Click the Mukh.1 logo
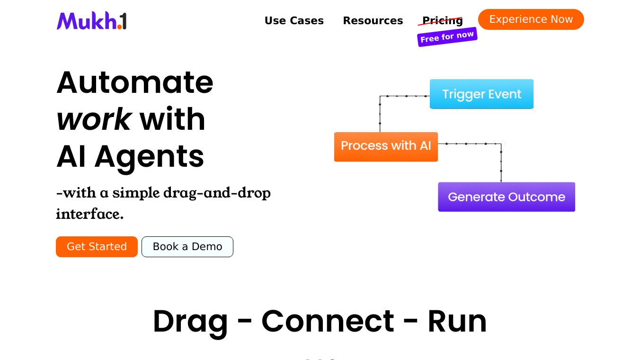coord(92,21)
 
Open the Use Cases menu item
coord(294,21)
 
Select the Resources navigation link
coord(373,21)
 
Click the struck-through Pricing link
coord(442,20)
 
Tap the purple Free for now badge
coord(447,36)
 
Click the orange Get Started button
coord(97,247)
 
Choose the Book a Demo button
coord(187,247)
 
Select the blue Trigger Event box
coord(481,94)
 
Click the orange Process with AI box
coord(386,146)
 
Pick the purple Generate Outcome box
coord(507,197)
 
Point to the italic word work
coord(94,119)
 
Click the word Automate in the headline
coord(135,82)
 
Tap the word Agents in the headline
coord(149,156)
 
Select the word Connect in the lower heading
coord(328,321)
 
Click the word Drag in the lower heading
coord(190,321)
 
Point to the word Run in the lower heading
coord(457,321)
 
